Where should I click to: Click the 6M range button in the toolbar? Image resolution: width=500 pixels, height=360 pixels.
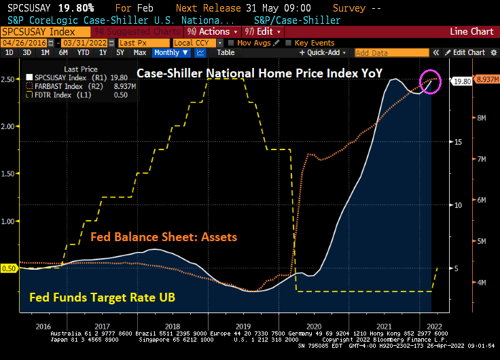tap(63, 52)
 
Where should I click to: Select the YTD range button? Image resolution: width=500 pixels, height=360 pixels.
tap(84, 52)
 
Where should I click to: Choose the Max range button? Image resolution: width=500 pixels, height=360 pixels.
tap(140, 52)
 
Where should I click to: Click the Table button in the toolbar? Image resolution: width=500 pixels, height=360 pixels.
tap(226, 52)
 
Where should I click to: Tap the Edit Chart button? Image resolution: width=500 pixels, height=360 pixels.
tap(468, 52)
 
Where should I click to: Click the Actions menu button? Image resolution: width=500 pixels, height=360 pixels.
tap(213, 31)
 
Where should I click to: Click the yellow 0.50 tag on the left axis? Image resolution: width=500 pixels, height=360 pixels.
tap(9, 268)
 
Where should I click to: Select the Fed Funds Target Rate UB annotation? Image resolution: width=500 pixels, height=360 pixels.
tap(99, 297)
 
